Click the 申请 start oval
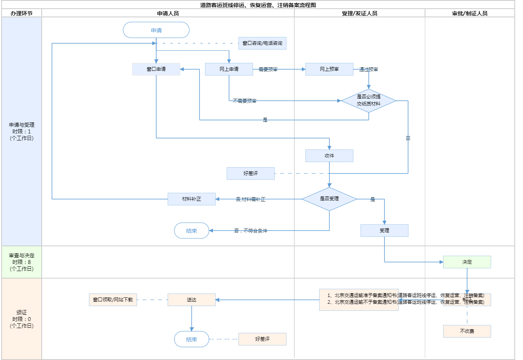(x=156, y=30)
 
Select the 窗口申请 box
(x=156, y=69)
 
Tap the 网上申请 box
(x=229, y=69)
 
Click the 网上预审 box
(x=329, y=69)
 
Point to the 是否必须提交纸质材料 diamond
(x=369, y=100)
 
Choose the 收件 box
(x=329, y=156)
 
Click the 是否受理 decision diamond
(x=329, y=199)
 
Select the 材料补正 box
(x=192, y=199)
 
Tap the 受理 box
(x=384, y=231)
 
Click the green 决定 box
(x=467, y=262)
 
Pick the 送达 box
(x=192, y=300)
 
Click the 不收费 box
(x=467, y=331)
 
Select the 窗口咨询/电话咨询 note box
(x=262, y=43)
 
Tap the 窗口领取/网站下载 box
(x=113, y=300)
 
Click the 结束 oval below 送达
(x=192, y=339)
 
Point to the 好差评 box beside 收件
(x=251, y=174)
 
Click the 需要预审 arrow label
(x=268, y=70)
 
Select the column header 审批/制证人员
(x=470, y=13)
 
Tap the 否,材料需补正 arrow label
(x=251, y=199)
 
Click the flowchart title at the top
(x=258, y=5)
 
